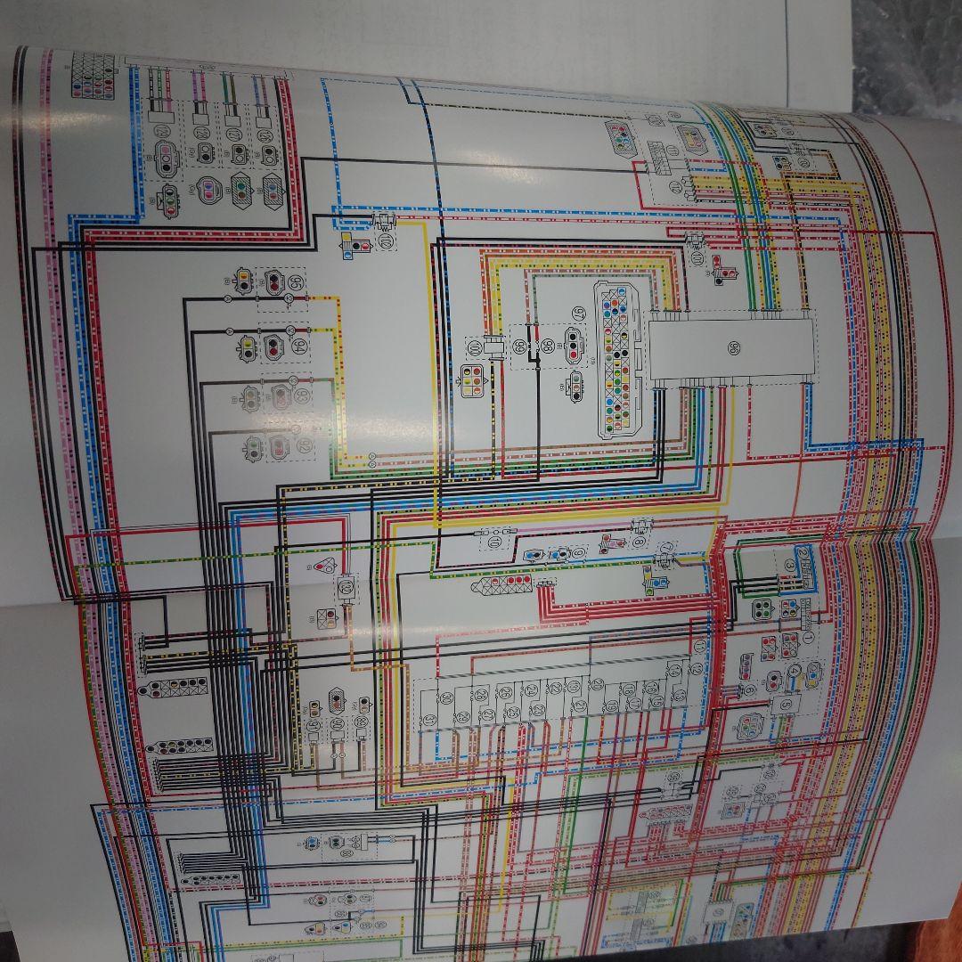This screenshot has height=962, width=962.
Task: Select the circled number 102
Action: click(x=386, y=240)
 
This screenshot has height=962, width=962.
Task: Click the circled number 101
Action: click(x=474, y=346)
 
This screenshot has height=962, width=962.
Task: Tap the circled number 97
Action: click(x=579, y=314)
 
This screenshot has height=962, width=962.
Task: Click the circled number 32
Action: click(x=346, y=587)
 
